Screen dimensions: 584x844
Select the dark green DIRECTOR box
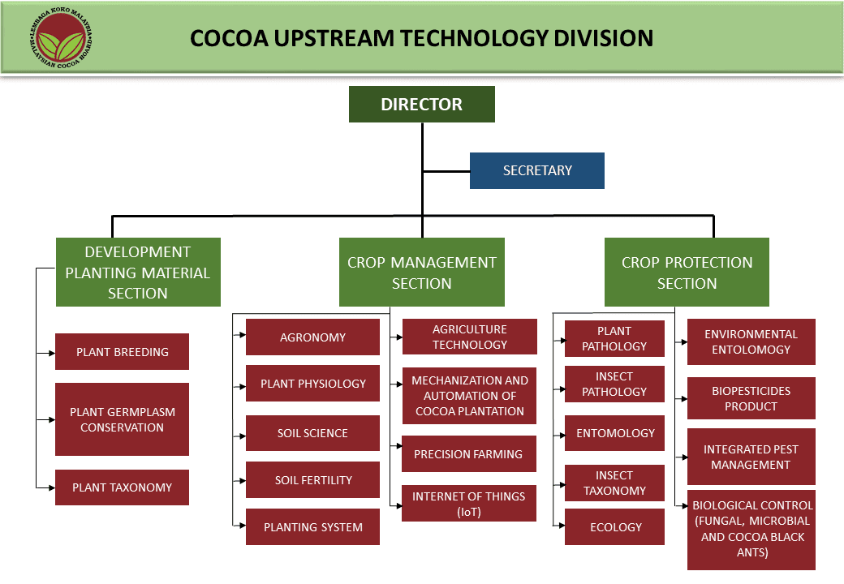[x=421, y=105]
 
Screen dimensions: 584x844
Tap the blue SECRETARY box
[x=536, y=170]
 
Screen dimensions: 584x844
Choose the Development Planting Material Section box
[x=138, y=273]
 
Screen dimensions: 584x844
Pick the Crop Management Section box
[x=421, y=273]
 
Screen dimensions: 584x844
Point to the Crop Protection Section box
[x=687, y=273]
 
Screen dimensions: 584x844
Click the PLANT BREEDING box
[x=123, y=352]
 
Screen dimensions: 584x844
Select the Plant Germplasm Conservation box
[x=123, y=419]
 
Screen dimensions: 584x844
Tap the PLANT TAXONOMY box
[x=123, y=487]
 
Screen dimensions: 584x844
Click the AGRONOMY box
[x=312, y=337]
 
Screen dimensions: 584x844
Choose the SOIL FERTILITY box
[x=312, y=480]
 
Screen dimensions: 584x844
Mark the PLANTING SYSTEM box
[x=312, y=527]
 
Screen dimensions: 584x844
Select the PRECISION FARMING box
[x=469, y=454]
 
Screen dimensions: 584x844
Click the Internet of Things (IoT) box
[x=469, y=504]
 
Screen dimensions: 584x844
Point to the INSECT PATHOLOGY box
[x=614, y=384]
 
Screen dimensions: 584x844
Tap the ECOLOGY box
[x=615, y=527]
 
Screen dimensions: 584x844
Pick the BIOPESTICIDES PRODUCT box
[x=751, y=398]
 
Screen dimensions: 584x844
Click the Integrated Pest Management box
[x=751, y=457]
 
